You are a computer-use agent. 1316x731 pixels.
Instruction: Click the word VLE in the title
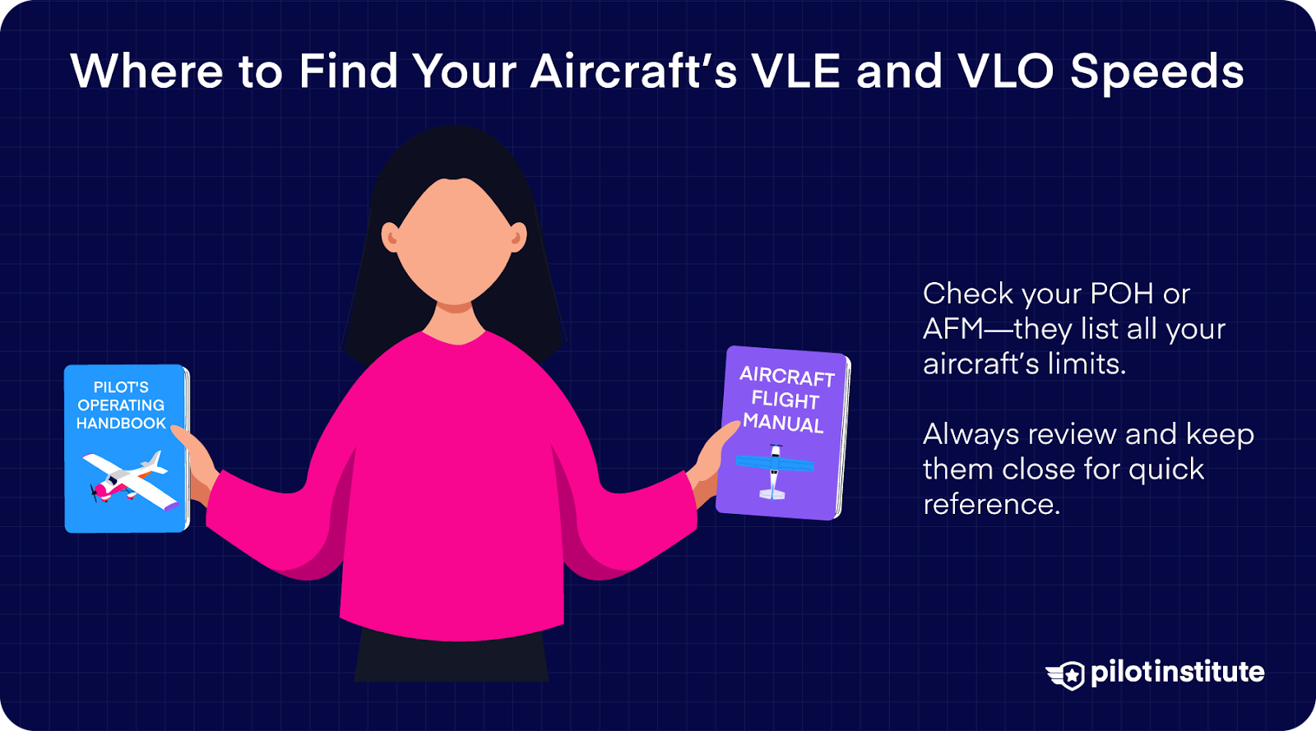coord(795,72)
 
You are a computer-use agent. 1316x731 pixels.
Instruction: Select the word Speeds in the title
coord(1157,73)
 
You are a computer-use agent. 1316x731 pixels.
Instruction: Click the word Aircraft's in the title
coord(633,72)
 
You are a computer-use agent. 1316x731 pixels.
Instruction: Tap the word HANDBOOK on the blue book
coord(121,423)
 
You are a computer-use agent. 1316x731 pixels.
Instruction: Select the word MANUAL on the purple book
coord(783,423)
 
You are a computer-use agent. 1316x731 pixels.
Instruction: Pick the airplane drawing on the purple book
coord(773,471)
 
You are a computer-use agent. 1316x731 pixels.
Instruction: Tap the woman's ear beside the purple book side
coord(517,238)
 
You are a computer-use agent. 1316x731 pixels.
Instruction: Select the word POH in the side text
coord(1121,294)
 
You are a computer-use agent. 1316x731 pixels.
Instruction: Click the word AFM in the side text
coord(953,329)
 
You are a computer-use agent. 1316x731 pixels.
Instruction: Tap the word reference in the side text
coord(991,504)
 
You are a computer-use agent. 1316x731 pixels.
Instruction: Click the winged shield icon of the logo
coord(1067,674)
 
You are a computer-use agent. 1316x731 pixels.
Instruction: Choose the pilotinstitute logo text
coord(1177,673)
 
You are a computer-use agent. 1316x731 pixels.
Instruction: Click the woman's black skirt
coord(452,658)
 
